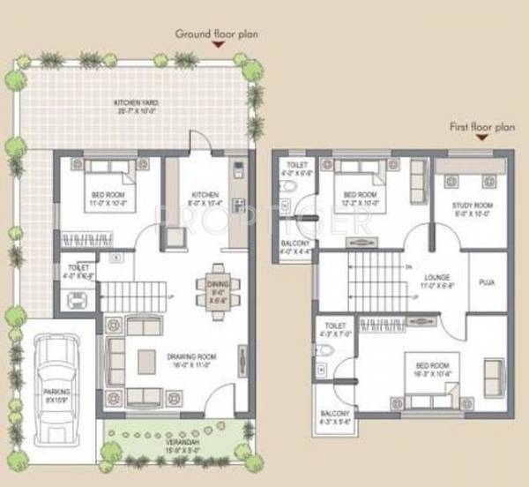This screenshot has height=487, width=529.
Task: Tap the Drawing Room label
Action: pos(190,360)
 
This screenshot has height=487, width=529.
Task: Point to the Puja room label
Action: pos(488,284)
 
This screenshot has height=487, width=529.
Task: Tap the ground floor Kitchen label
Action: pos(205,199)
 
